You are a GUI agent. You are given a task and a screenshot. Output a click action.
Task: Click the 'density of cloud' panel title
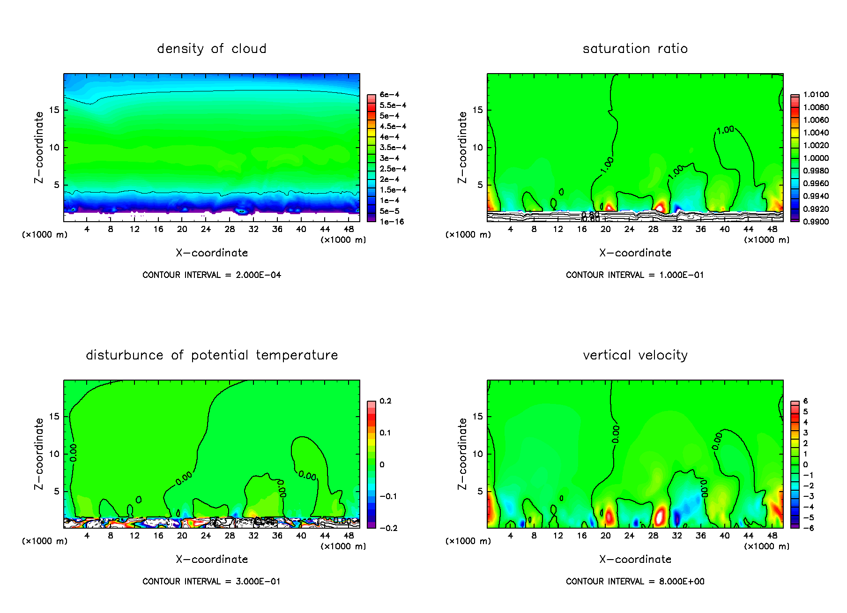click(x=212, y=49)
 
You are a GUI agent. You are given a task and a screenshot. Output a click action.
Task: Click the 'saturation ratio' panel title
click(x=635, y=49)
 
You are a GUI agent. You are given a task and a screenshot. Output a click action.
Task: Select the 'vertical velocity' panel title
click(x=635, y=355)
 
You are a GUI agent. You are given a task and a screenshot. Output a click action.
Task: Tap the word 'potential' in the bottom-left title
click(x=219, y=355)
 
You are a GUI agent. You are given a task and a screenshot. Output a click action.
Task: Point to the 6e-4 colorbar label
click(x=389, y=95)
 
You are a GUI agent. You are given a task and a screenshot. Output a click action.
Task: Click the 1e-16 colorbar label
click(x=392, y=222)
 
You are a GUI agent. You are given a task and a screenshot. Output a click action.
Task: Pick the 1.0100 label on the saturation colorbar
click(x=816, y=95)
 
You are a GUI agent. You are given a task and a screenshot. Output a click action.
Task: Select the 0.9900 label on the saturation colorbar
click(x=816, y=222)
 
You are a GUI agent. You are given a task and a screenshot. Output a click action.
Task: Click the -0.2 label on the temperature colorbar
click(x=389, y=528)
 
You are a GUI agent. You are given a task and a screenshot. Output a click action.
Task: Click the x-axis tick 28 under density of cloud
click(x=230, y=229)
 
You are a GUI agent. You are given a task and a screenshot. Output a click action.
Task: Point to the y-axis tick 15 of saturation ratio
click(x=477, y=110)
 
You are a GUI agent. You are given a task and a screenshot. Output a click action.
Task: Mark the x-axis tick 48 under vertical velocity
click(x=772, y=536)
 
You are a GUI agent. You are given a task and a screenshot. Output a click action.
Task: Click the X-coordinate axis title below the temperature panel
click(x=212, y=559)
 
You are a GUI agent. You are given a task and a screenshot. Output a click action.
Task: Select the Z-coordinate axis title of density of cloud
click(x=39, y=147)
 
